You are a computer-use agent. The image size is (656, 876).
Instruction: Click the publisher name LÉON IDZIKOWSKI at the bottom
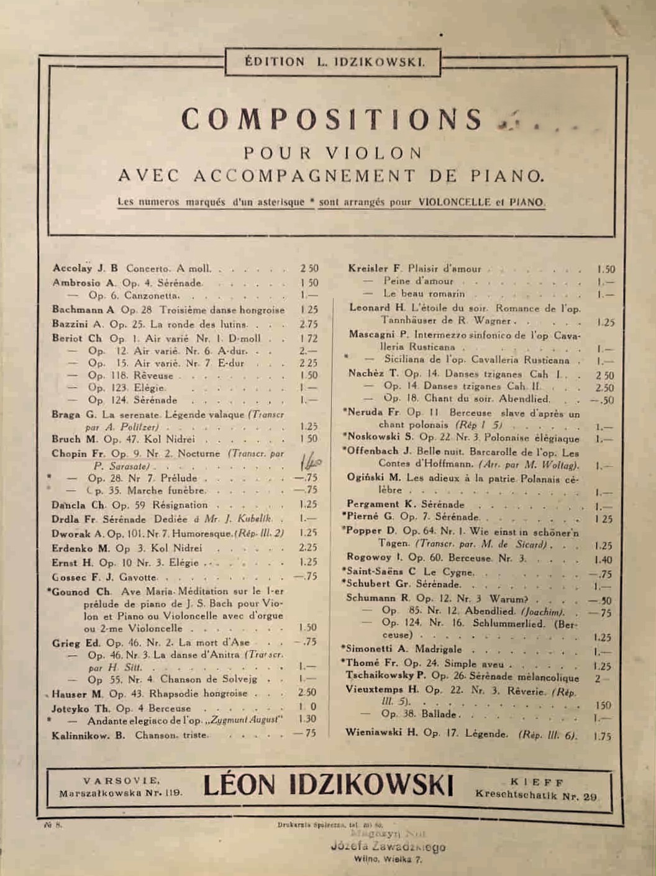[329, 785]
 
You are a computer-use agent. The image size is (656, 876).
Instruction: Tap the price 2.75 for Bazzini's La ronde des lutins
[308, 324]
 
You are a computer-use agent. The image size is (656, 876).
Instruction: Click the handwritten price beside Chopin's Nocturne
[311, 461]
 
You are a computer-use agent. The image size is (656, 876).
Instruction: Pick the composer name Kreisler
[368, 269]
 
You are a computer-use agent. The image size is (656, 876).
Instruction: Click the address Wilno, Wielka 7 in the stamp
[388, 860]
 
